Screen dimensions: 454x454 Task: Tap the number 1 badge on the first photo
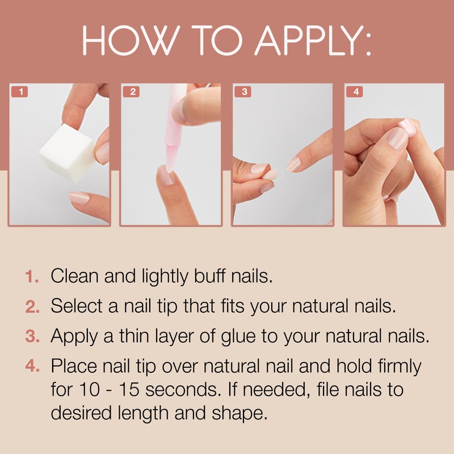[20, 91]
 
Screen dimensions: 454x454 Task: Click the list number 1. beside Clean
[32, 276]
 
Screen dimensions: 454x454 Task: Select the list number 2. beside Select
[32, 306]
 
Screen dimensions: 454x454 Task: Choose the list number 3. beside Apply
[32, 337]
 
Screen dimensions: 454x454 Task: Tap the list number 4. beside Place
[32, 367]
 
